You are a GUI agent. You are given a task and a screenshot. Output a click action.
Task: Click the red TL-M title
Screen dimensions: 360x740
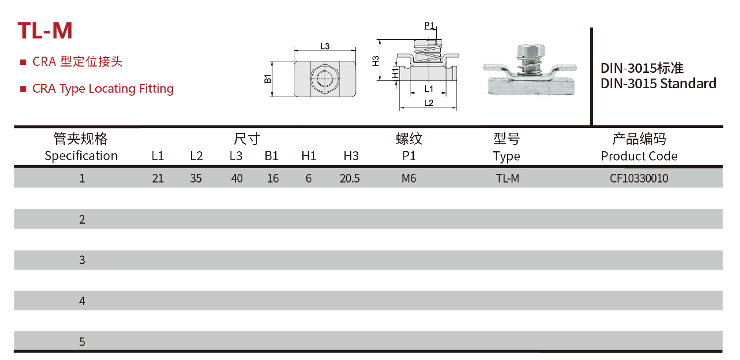pyautogui.click(x=45, y=31)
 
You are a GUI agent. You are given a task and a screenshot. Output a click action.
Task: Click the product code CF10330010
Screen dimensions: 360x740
pyautogui.click(x=638, y=179)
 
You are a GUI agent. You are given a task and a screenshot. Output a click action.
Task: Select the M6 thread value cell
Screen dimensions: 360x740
pyautogui.click(x=408, y=179)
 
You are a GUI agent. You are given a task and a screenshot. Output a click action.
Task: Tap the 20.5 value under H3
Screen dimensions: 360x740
pyautogui.click(x=349, y=179)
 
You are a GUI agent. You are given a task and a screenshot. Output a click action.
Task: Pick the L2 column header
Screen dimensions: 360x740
pyautogui.click(x=196, y=156)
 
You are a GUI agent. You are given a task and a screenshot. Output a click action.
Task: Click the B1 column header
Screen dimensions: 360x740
pyautogui.click(x=271, y=156)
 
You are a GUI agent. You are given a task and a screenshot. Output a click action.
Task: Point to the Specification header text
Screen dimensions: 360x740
pyautogui.click(x=81, y=156)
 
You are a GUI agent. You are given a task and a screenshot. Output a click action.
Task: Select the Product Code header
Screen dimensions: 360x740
pyautogui.click(x=638, y=156)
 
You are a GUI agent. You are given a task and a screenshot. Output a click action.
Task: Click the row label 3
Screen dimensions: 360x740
pyautogui.click(x=82, y=260)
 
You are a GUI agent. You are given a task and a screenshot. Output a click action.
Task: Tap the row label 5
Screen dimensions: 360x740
pyautogui.click(x=82, y=342)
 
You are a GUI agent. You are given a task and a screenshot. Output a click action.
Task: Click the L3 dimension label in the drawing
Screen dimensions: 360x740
pyautogui.click(x=325, y=46)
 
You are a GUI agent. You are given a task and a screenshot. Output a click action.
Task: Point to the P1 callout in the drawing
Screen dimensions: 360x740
pyautogui.click(x=429, y=26)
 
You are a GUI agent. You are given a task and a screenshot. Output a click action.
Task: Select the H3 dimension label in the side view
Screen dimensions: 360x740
pyautogui.click(x=376, y=61)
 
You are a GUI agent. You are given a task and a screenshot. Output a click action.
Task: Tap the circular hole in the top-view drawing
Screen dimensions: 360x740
pyautogui.click(x=325, y=78)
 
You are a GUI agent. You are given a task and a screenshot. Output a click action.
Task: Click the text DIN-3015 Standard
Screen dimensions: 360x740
pyautogui.click(x=658, y=83)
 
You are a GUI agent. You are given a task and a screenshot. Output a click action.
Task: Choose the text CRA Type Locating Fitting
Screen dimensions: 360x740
pyautogui.click(x=103, y=89)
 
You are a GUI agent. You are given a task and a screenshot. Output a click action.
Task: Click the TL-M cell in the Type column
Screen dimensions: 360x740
pyautogui.click(x=507, y=179)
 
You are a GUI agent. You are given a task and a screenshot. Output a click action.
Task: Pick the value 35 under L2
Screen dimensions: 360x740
pyautogui.click(x=196, y=179)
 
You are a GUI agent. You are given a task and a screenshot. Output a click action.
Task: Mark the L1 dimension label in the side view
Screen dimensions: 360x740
pyautogui.click(x=429, y=89)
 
